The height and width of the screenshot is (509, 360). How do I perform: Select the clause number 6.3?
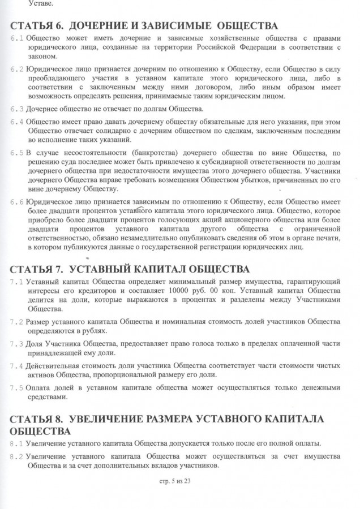pyautogui.click(x=17, y=109)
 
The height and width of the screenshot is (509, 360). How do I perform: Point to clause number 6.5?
pyautogui.click(x=17, y=153)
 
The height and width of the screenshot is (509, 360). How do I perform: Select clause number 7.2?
pyautogui.click(x=17, y=321)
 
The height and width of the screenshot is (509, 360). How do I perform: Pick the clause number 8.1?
pyautogui.click(x=17, y=442)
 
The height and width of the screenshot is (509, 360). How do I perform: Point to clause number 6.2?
pyautogui.click(x=17, y=69)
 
